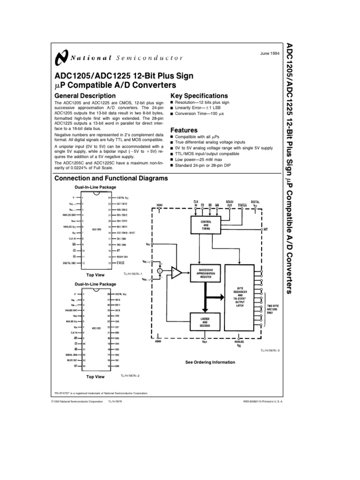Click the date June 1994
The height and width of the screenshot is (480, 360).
point(270,54)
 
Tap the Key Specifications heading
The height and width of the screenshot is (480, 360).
point(199,96)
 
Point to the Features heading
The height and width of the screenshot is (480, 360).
point(183,130)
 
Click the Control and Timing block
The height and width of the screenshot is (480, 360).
point(205,224)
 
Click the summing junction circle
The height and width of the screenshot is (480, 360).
point(160,271)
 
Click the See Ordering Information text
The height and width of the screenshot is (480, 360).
point(210,362)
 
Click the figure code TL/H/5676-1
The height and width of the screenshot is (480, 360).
point(132,273)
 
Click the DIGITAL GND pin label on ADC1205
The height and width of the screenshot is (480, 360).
point(70,263)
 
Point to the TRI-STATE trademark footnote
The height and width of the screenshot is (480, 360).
point(101,393)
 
